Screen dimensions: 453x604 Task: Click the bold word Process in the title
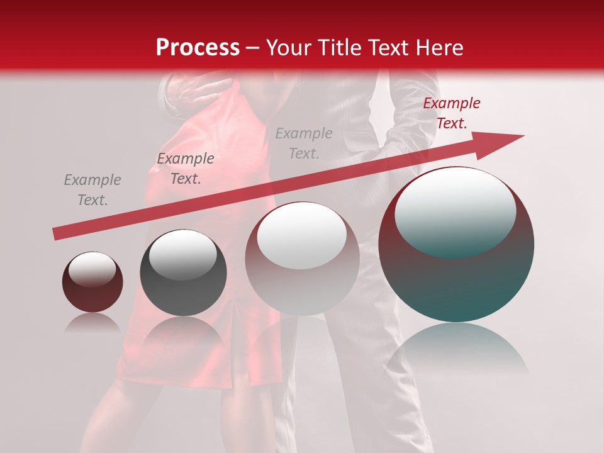point(198,48)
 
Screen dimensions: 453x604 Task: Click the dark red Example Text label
point(451,113)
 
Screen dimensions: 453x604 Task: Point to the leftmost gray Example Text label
point(92,190)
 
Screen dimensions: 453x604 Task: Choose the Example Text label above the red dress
point(186,169)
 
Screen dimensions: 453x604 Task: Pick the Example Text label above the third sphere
point(304,143)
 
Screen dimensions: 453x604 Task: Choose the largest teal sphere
point(456,277)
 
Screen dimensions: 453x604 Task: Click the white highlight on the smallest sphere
point(92,269)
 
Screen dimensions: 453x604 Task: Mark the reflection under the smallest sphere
point(92,323)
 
